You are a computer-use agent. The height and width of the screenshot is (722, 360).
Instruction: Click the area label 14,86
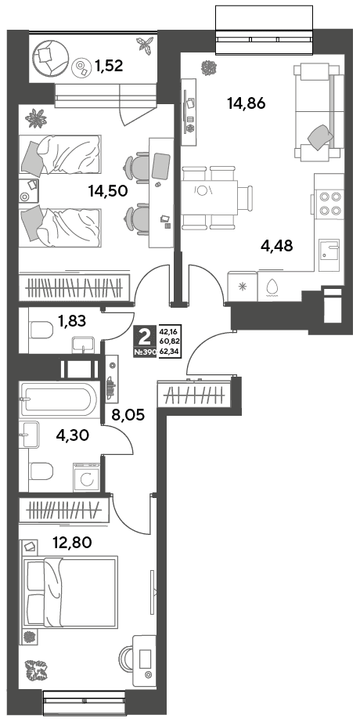[247, 103]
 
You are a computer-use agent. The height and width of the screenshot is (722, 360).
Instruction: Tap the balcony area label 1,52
[110, 67]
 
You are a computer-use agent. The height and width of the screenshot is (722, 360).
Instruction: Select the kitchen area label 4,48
[276, 247]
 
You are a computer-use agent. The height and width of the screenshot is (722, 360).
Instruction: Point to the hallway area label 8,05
[128, 415]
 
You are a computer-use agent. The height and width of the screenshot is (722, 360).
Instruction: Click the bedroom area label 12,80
[72, 543]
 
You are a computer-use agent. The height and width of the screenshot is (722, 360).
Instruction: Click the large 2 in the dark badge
[145, 338]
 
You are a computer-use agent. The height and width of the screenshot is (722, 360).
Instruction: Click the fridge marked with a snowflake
[243, 286]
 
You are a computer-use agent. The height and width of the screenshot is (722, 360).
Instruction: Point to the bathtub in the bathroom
[58, 399]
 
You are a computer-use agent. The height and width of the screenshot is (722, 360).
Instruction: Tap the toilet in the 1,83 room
[40, 330]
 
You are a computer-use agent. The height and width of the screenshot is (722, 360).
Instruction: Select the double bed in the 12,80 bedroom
[70, 591]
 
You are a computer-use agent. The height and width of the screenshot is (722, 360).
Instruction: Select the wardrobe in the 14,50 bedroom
[74, 287]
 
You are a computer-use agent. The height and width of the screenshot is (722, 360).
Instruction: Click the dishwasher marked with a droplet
[272, 286]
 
